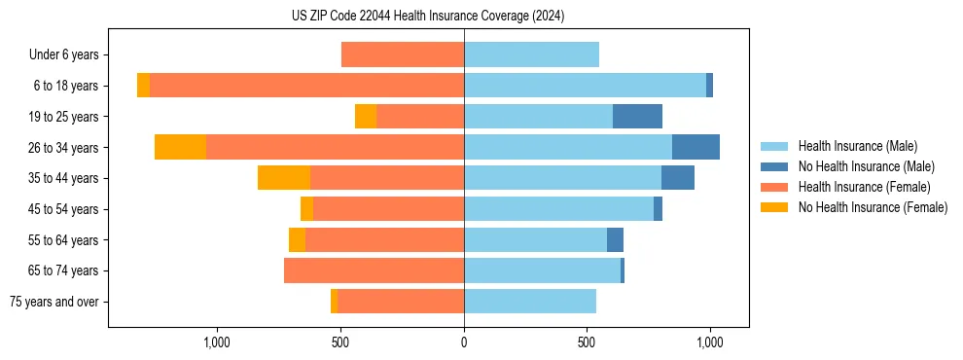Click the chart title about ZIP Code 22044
coord(428,17)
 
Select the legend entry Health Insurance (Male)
coord(856,146)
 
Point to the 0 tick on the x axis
coord(464,342)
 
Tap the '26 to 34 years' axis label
coord(63,148)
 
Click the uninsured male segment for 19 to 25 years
coord(637,117)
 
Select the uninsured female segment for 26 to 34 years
coord(180,147)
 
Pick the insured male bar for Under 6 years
coord(531,54)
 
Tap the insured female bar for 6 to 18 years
coord(306,86)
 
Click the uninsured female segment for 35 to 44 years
coord(284,178)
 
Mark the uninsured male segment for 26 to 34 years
coord(695,147)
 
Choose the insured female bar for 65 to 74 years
coord(374,270)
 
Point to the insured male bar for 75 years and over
coord(530,302)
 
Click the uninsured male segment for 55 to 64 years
coord(615,239)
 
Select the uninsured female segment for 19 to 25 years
coord(366,117)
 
